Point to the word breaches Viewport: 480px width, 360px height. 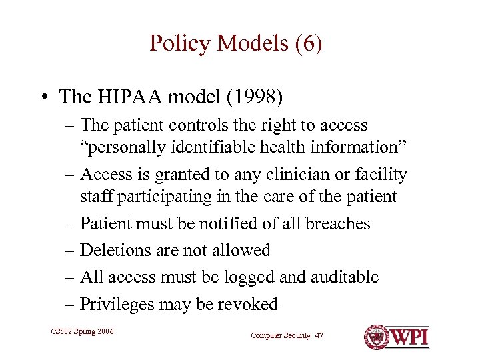pos(339,224)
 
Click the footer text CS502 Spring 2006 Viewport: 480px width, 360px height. pos(82,331)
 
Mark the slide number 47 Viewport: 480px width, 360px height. pos(319,336)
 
